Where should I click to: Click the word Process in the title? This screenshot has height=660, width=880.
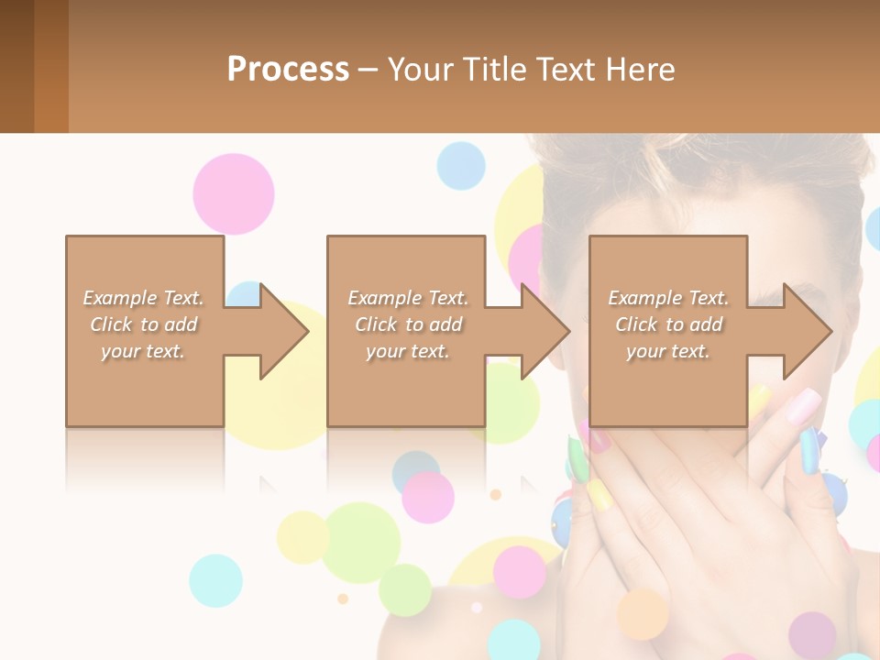pos(288,70)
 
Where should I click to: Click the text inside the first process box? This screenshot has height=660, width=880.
pos(144,324)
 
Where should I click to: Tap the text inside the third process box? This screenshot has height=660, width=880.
pos(668,324)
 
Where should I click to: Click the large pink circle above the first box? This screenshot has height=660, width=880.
pos(234,193)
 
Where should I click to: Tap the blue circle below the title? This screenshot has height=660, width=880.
pos(460,166)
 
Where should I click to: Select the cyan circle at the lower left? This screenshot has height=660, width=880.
pos(216,580)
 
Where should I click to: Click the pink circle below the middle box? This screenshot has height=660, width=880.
pos(428,497)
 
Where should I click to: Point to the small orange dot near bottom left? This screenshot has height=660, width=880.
pos(343,599)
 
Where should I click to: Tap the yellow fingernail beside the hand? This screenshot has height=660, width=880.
pos(599,495)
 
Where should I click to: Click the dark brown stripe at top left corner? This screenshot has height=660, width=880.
pos(16,66)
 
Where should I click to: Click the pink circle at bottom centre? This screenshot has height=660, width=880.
pos(520,571)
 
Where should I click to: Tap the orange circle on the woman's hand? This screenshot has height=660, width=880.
pos(643,614)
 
